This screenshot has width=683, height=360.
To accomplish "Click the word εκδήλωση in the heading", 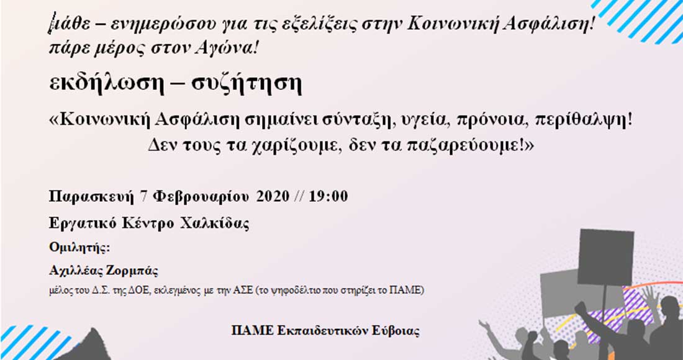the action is pyautogui.click(x=106, y=84).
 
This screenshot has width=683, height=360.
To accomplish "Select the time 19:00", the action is pyautogui.click(x=328, y=197).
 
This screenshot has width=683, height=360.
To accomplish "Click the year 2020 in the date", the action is pyautogui.click(x=273, y=197).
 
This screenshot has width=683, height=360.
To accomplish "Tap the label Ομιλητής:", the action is pyautogui.click(x=79, y=248).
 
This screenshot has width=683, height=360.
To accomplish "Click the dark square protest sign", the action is pyautogui.click(x=605, y=258).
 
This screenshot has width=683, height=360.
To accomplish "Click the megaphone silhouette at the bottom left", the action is pyautogui.click(x=94, y=344).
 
